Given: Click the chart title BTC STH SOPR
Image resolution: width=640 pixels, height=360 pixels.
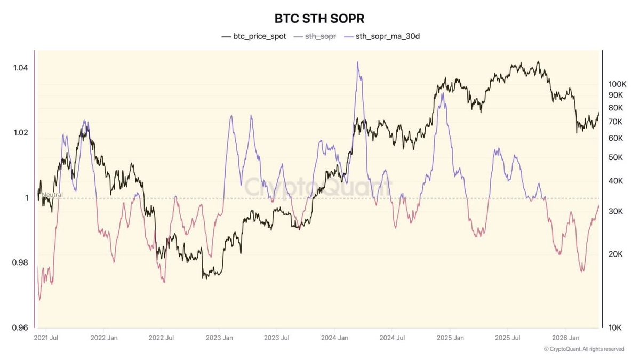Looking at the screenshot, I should click(x=319, y=18).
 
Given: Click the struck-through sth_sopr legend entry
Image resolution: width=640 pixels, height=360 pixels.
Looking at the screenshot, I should click(x=315, y=37).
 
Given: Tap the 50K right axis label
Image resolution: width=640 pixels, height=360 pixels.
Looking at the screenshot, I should click(x=615, y=157).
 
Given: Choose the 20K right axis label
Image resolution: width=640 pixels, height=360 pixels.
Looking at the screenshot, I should click(x=615, y=254).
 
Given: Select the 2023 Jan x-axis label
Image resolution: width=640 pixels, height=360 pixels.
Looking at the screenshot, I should click(x=220, y=338).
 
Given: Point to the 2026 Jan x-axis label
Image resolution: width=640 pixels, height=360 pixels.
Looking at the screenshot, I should click(x=567, y=338).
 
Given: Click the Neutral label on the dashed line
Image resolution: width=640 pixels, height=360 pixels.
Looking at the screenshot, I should click(x=52, y=195).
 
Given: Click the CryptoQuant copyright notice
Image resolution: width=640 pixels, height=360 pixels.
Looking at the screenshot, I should click(x=583, y=349).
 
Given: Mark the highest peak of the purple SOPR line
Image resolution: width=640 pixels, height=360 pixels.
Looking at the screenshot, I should click(x=357, y=62).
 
